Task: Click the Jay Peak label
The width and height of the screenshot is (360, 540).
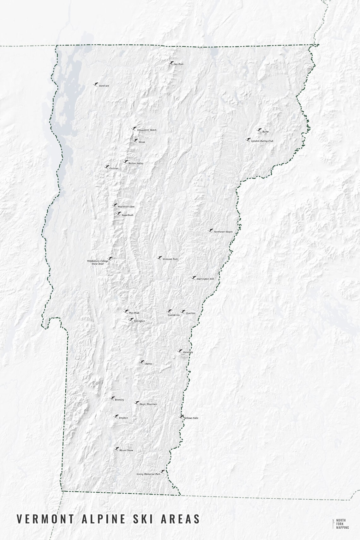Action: point(178,64)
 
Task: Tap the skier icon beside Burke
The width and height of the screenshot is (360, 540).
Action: point(259,130)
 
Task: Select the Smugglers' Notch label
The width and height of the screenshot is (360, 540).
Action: point(147,130)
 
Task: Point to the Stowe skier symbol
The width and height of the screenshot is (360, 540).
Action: point(135,141)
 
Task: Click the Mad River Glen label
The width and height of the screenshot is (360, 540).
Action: point(126,207)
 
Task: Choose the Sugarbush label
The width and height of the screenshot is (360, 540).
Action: point(127,215)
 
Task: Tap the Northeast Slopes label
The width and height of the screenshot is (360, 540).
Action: point(223,232)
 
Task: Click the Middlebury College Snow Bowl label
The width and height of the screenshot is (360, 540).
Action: point(98,262)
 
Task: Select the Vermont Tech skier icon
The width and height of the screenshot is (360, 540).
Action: point(160,258)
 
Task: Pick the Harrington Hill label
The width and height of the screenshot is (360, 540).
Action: point(205,279)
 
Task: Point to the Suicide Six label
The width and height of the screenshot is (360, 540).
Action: point(173,315)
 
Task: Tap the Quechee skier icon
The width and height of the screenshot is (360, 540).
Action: point(183,312)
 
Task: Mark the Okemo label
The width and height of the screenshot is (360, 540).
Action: point(148,364)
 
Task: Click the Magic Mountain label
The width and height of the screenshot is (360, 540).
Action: point(148,404)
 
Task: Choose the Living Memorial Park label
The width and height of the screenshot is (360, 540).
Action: point(148,474)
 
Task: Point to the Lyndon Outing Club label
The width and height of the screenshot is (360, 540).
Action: point(262,141)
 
